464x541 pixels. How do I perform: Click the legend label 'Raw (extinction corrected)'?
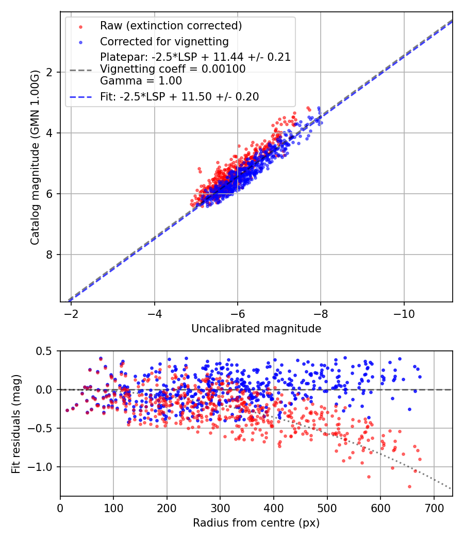(x=171, y=26)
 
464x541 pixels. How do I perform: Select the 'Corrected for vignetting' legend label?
(x=164, y=41)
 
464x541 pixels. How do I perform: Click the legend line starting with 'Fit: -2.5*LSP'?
(x=179, y=97)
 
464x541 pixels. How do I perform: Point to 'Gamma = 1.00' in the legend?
(x=141, y=80)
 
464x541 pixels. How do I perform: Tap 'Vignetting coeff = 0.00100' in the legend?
(x=173, y=69)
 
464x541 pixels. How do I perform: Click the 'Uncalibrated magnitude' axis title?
(x=256, y=329)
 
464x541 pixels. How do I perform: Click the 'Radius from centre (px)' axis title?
(x=256, y=523)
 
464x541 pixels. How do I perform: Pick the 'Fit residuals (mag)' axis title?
(x=16, y=424)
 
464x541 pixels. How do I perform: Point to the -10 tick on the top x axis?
(x=404, y=313)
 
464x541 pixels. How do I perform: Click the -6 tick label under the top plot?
(x=237, y=313)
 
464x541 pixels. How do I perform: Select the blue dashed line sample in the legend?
(x=80, y=97)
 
